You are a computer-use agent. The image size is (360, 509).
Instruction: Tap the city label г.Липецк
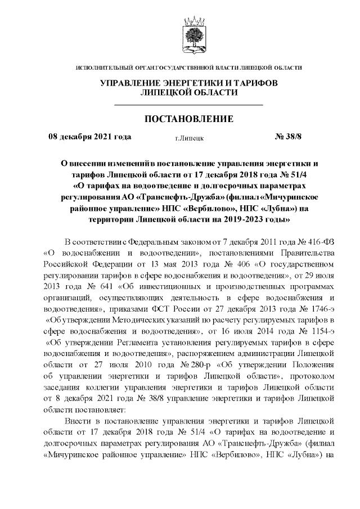[x=189, y=137]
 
